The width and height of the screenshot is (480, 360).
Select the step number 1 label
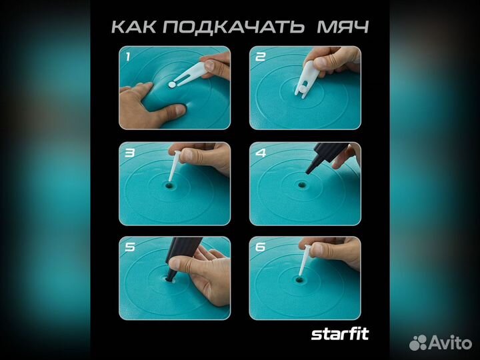[x=127, y=57]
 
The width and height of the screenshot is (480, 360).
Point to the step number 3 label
[x=127, y=153]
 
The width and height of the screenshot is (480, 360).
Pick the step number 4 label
[x=259, y=153]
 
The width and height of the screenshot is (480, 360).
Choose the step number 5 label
[x=127, y=247]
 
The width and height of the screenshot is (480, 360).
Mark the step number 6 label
[x=259, y=247]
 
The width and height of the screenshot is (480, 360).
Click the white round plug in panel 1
[x=173, y=85]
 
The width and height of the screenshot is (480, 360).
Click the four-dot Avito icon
[x=419, y=342]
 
